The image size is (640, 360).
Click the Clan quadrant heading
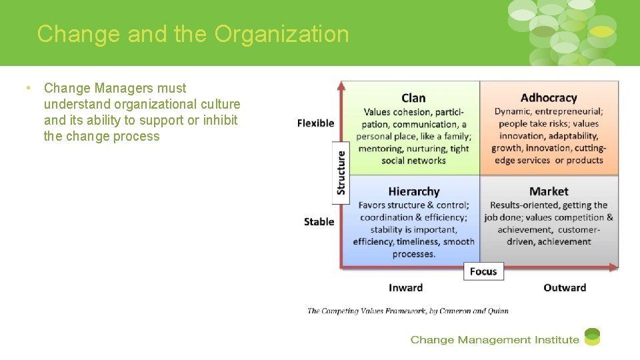pyautogui.click(x=413, y=98)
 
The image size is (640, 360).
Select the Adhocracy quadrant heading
pyautogui.click(x=549, y=98)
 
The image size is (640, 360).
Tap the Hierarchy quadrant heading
pyautogui.click(x=413, y=192)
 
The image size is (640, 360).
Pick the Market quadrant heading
pyautogui.click(x=549, y=192)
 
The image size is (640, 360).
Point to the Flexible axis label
pyautogui.click(x=315, y=123)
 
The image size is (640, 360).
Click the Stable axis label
pyautogui.click(x=319, y=221)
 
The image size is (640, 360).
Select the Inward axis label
pyautogui.click(x=405, y=288)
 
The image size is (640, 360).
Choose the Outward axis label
pyautogui.click(x=565, y=288)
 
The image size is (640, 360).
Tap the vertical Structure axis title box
pyautogui.click(x=341, y=173)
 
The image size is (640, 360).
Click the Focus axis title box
pyautogui.click(x=483, y=271)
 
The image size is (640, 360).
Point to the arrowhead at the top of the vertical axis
pyautogui.click(x=341, y=86)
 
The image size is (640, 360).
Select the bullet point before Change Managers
pyautogui.click(x=28, y=88)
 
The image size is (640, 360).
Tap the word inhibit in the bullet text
pyautogui.click(x=221, y=120)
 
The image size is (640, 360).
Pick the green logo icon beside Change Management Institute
pyautogui.click(x=592, y=337)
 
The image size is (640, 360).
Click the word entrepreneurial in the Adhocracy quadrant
pyautogui.click(x=569, y=111)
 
